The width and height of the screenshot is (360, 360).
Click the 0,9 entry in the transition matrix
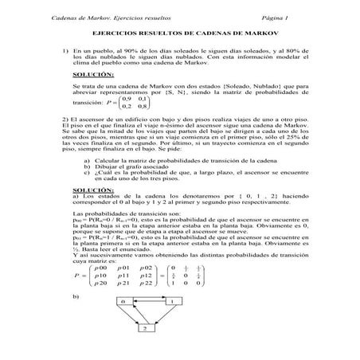118,97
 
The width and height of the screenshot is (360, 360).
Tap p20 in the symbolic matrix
98,284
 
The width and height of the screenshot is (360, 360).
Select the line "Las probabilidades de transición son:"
119,215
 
